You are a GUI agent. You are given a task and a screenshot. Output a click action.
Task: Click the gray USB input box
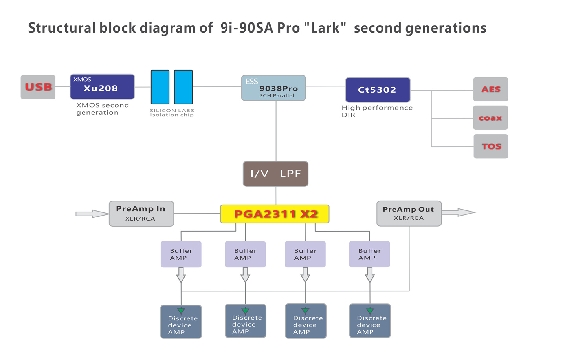[38, 87]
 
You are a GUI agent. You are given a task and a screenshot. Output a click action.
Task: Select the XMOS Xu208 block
[102, 87]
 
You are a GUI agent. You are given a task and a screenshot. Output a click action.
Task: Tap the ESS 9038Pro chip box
[273, 88]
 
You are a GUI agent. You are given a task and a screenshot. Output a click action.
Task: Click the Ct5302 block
[378, 90]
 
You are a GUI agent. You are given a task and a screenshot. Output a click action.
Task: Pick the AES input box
[491, 89]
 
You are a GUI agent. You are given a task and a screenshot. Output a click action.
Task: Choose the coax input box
[491, 117]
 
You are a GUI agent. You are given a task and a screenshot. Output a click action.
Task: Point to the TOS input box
[491, 146]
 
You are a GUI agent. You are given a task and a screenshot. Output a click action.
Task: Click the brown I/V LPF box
[276, 174]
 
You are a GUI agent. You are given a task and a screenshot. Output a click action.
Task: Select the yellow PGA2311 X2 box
[275, 214]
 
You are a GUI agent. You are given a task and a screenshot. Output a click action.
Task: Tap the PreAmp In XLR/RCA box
[141, 214]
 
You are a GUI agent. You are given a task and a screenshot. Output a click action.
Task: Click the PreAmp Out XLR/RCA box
[409, 214]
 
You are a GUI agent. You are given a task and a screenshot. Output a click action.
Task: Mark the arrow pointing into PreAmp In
[92, 214]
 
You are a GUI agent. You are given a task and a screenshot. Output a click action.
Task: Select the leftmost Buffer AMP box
[181, 254]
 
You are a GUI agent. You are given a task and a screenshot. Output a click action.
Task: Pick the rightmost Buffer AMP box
[369, 254]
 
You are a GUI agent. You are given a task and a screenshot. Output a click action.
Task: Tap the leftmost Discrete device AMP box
[181, 322]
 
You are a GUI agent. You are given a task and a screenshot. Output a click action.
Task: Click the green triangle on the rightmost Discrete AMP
[370, 311]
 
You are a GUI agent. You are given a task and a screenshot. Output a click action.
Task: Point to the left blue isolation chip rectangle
[160, 87]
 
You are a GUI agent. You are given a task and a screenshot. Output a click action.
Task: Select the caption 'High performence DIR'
[377, 111]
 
